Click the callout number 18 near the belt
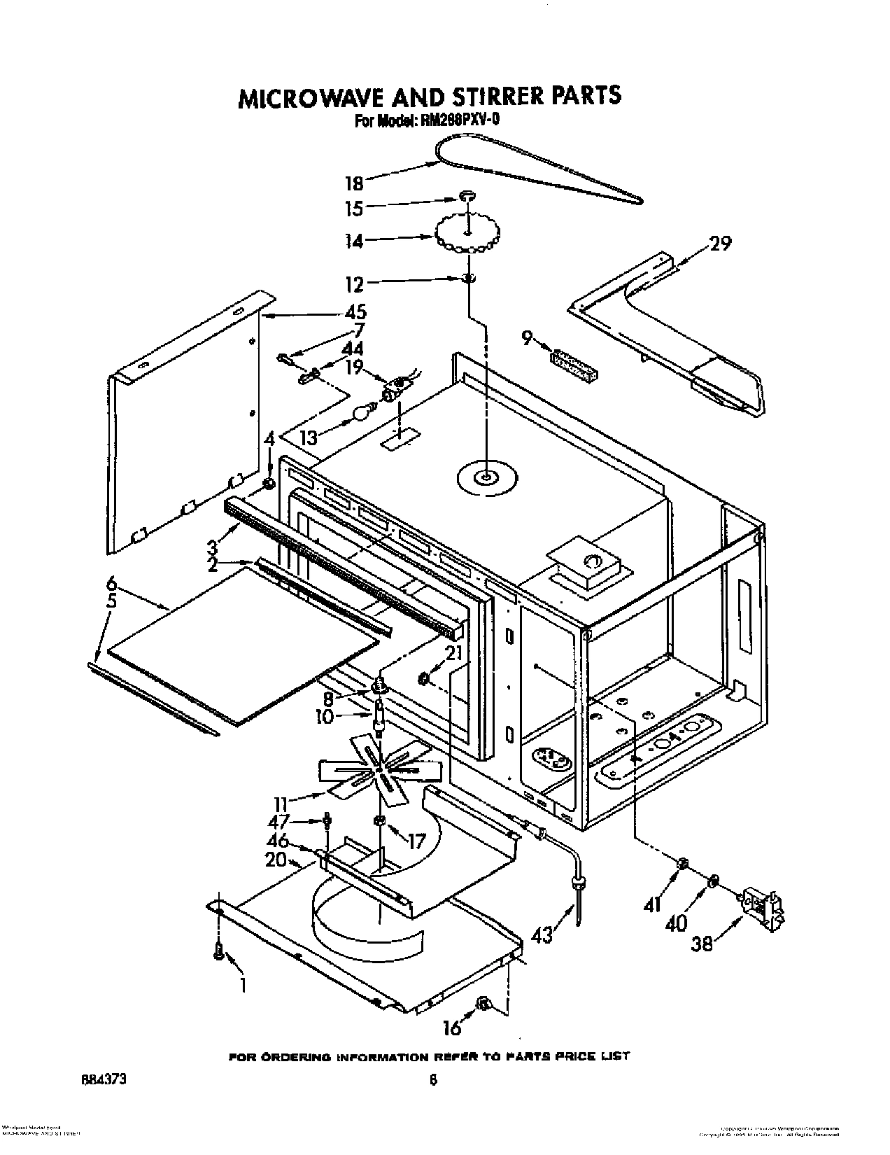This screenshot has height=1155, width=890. pyautogui.click(x=355, y=184)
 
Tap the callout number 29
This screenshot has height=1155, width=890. pyautogui.click(x=720, y=244)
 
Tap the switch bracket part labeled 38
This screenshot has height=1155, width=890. pyautogui.click(x=763, y=909)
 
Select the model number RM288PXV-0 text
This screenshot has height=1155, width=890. pyautogui.click(x=459, y=120)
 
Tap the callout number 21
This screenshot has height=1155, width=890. pyautogui.click(x=454, y=653)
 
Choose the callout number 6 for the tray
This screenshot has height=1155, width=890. pyautogui.click(x=111, y=582)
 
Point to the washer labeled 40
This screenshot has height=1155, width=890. pyautogui.click(x=712, y=880)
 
